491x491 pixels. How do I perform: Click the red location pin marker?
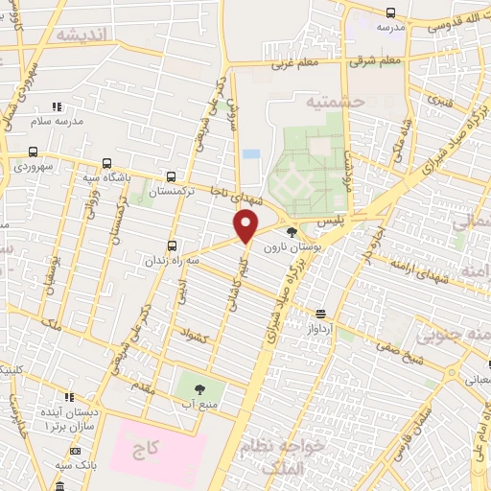[x=246, y=226]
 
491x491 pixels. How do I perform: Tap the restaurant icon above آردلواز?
[x=320, y=314]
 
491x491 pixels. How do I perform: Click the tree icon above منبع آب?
[x=199, y=389]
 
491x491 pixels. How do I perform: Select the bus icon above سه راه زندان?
[x=172, y=245]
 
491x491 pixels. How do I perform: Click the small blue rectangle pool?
[x=251, y=153]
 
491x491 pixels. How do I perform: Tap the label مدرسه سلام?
[x=57, y=122]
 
